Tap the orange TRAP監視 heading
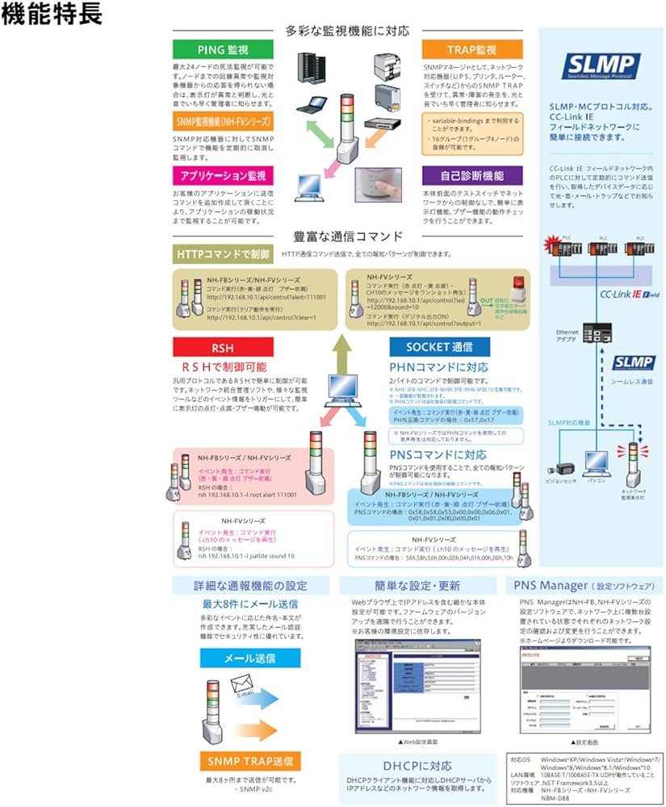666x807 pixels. click(471, 49)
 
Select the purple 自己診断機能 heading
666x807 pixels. click(471, 174)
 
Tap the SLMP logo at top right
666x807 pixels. click(601, 65)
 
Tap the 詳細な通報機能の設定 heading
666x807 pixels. click(249, 584)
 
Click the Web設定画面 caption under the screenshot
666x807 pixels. click(419, 740)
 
